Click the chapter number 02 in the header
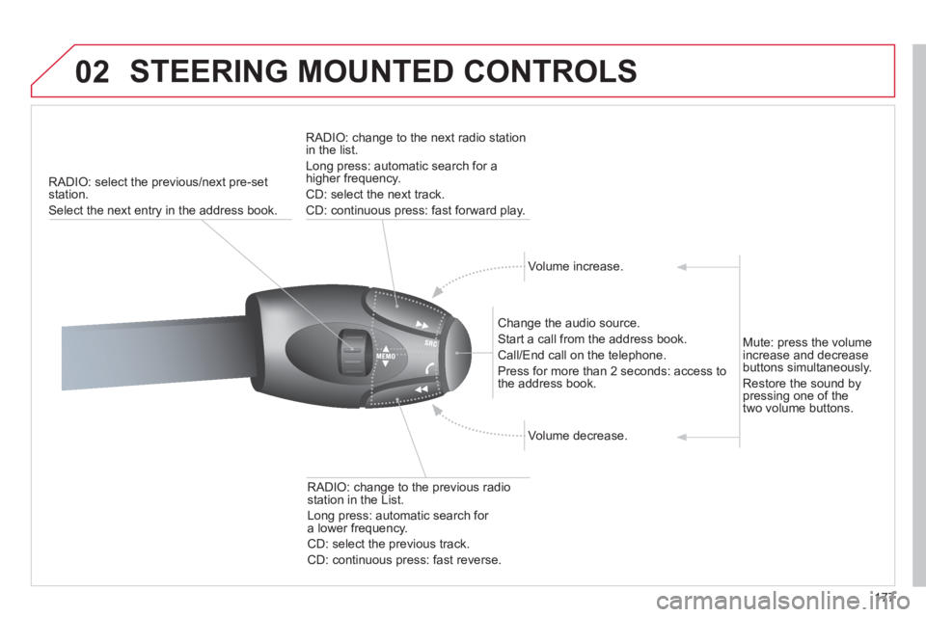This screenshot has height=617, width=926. tap(93, 72)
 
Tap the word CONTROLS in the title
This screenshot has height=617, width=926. tap(551, 71)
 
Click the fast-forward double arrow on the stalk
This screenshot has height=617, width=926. tap(422, 325)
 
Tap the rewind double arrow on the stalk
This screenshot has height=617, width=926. tap(421, 389)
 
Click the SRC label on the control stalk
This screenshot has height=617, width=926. tap(430, 343)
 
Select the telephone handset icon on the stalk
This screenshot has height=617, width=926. tap(429, 368)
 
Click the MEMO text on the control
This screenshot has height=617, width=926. tap(386, 357)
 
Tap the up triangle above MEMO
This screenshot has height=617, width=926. tap(386, 349)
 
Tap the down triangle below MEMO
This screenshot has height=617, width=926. tap(386, 363)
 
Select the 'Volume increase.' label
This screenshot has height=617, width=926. tap(575, 266)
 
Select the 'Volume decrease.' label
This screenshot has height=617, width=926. tap(578, 436)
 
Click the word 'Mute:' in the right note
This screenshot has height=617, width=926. tap(758, 342)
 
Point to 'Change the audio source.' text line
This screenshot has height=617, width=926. tap(568, 323)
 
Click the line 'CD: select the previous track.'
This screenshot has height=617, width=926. tap(388, 544)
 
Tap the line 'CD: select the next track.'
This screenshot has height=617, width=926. tap(375, 194)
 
